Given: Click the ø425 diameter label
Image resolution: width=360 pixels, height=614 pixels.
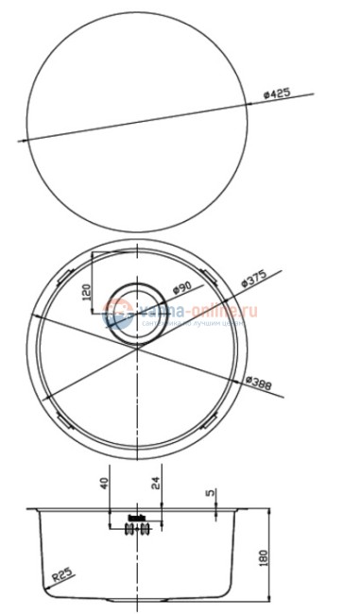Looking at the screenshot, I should (277, 94).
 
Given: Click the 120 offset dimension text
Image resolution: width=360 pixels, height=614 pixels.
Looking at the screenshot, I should (85, 293).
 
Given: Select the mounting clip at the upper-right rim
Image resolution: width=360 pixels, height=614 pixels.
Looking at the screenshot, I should (214, 278).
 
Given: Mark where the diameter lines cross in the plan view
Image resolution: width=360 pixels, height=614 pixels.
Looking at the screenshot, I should (139, 346).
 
